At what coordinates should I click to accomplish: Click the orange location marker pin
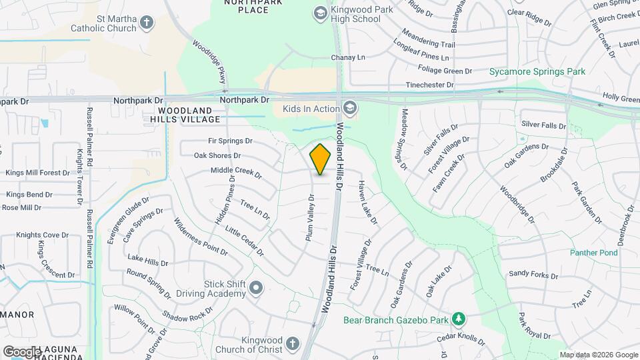pos(321,159)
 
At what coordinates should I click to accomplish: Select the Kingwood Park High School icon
pos(320,13)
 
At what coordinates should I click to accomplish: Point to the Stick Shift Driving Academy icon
pos(257,289)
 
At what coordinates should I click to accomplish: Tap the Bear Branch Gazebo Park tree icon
pos(458,319)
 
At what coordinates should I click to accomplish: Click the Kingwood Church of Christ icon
pos(291,344)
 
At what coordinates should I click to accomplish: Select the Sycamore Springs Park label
pos(537,71)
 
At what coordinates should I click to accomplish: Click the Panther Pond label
pos(593,253)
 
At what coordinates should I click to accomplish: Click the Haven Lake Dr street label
pos(368,202)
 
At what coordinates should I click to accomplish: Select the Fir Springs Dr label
pos(231,141)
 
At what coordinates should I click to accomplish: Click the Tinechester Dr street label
pos(430,85)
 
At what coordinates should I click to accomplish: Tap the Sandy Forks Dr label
pos(533,274)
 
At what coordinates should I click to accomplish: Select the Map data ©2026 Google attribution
pos(599,355)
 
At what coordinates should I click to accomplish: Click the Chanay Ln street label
pos(348,57)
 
